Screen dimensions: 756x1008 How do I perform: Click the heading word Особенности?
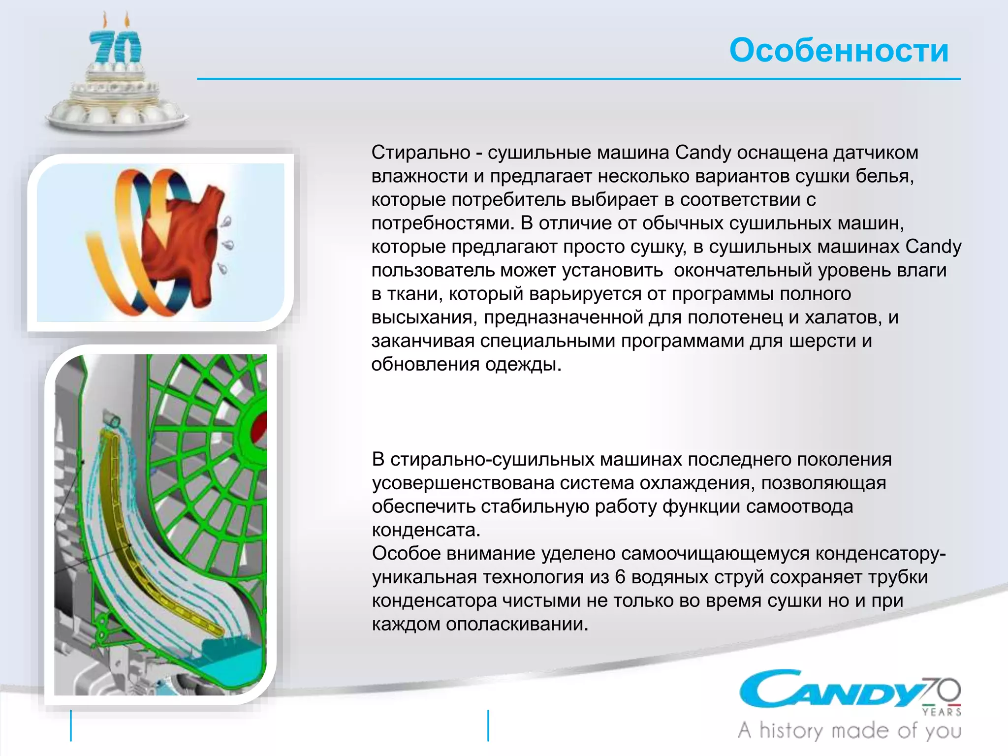point(839,50)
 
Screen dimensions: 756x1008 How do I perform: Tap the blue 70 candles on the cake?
point(115,48)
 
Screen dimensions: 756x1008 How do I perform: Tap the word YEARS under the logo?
point(942,712)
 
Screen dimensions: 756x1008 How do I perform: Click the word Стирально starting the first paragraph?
point(421,153)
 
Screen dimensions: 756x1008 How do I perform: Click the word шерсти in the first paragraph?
point(822,341)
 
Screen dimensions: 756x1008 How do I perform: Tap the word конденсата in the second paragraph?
point(426,530)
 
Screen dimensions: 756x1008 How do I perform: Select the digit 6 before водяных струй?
point(620,577)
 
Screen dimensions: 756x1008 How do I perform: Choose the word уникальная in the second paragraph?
point(424,577)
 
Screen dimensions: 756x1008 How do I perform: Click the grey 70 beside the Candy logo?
point(942,691)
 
